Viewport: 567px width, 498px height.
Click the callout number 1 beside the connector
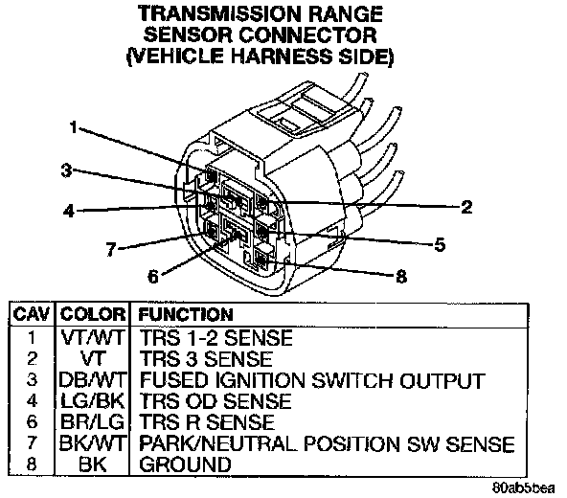[x=74, y=127]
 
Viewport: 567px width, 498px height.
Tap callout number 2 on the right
[x=466, y=207]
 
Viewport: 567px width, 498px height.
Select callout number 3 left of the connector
[x=66, y=170]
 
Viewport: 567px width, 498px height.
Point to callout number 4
[x=69, y=211]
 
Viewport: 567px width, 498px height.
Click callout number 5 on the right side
[x=440, y=245]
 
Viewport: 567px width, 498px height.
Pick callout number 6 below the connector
[x=153, y=277]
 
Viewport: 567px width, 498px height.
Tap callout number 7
[x=111, y=249]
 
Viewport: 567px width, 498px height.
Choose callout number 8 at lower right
[x=401, y=277]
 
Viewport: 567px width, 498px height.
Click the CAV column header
[x=31, y=314]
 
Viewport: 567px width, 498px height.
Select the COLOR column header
[x=93, y=314]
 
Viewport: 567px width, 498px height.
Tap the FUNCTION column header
[x=186, y=314]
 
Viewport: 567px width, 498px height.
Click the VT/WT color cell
[x=93, y=337]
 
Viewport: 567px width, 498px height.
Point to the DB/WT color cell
[x=93, y=380]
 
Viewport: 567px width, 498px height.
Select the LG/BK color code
[x=93, y=400]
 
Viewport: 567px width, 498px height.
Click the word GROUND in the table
[x=185, y=464]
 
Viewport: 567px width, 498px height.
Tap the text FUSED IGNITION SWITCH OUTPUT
[x=312, y=380]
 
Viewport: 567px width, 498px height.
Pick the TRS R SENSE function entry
[x=207, y=421]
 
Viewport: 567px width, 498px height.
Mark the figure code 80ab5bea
[x=523, y=487]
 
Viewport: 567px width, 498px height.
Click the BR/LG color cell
[x=93, y=421]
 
